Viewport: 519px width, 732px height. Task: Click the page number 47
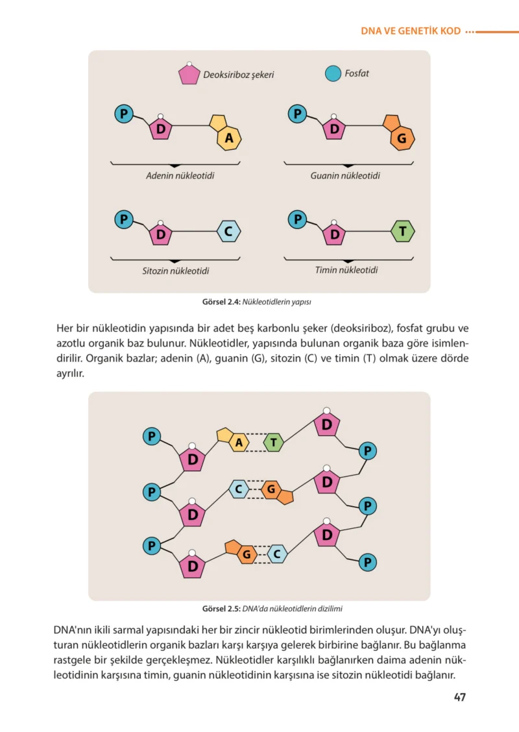(460, 697)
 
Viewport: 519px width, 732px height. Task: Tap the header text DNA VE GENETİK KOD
(411, 31)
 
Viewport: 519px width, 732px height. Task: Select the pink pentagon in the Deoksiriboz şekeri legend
(189, 74)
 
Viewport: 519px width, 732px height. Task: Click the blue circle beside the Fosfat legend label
(333, 73)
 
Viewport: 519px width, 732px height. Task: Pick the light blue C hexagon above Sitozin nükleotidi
(229, 231)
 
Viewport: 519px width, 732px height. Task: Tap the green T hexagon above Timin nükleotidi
(403, 231)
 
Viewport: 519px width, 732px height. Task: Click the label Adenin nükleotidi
(180, 176)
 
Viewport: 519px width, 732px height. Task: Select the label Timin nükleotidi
(346, 270)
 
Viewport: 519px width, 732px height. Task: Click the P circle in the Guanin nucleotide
(297, 114)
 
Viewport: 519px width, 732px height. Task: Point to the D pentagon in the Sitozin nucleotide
(160, 234)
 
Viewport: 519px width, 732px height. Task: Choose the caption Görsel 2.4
(221, 302)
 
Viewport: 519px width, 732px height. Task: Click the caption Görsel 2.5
(221, 609)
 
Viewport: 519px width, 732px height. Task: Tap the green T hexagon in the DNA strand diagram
(274, 442)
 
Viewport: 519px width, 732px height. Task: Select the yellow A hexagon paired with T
(239, 442)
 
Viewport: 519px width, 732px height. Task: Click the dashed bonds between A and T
(256, 443)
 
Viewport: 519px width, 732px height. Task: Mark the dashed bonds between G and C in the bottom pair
(262, 555)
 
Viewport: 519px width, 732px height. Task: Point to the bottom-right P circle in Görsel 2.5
(368, 562)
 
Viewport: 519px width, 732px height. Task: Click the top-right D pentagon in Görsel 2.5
(327, 424)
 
